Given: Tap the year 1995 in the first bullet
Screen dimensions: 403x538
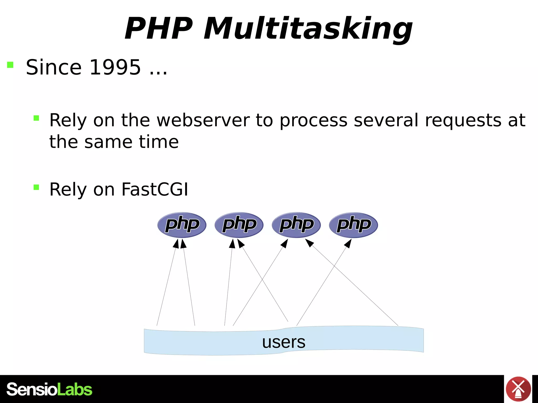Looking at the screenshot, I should click(115, 67).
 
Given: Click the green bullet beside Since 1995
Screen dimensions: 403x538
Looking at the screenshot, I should click(10, 65).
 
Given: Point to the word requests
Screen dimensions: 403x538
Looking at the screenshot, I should click(463, 120).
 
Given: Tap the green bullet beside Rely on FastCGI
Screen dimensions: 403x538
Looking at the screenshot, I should click(36, 187).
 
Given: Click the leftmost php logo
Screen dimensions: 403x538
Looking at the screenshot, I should click(182, 225).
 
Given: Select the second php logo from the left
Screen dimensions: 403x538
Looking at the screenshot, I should click(239, 225).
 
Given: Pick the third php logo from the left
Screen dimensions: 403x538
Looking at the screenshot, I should click(296, 225).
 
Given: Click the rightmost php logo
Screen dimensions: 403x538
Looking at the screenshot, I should click(353, 225).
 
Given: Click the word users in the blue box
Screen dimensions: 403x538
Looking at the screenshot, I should click(284, 342).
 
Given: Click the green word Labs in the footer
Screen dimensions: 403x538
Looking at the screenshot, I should click(75, 389).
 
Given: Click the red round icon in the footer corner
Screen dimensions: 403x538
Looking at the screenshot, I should click(518, 389).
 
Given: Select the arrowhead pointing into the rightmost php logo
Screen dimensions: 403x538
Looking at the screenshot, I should click(348, 243).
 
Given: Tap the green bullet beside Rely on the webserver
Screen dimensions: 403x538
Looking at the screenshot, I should click(36, 118).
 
